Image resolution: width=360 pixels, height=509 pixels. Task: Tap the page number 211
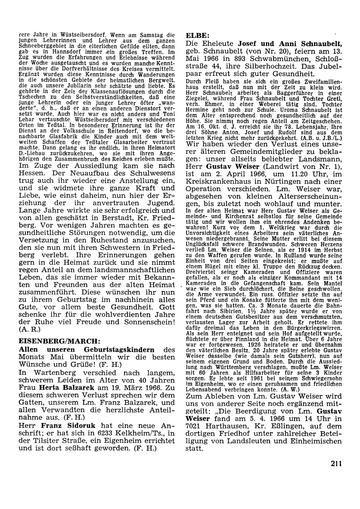pos(336,464)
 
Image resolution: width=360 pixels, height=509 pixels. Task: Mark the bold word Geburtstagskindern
pos(119,349)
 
